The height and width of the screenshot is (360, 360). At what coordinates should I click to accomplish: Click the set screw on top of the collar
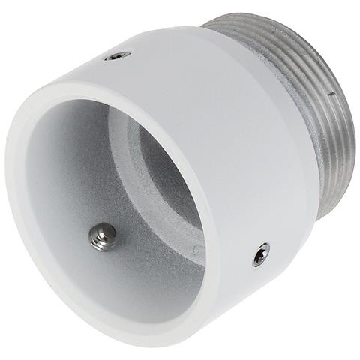pyautogui.click(x=117, y=55)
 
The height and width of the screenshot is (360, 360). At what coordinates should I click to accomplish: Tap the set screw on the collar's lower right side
pyautogui.click(x=261, y=254)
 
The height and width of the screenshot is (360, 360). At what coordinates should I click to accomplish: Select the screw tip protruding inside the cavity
pyautogui.click(x=102, y=236)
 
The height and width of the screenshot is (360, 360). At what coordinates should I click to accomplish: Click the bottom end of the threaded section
pyautogui.click(x=322, y=214)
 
